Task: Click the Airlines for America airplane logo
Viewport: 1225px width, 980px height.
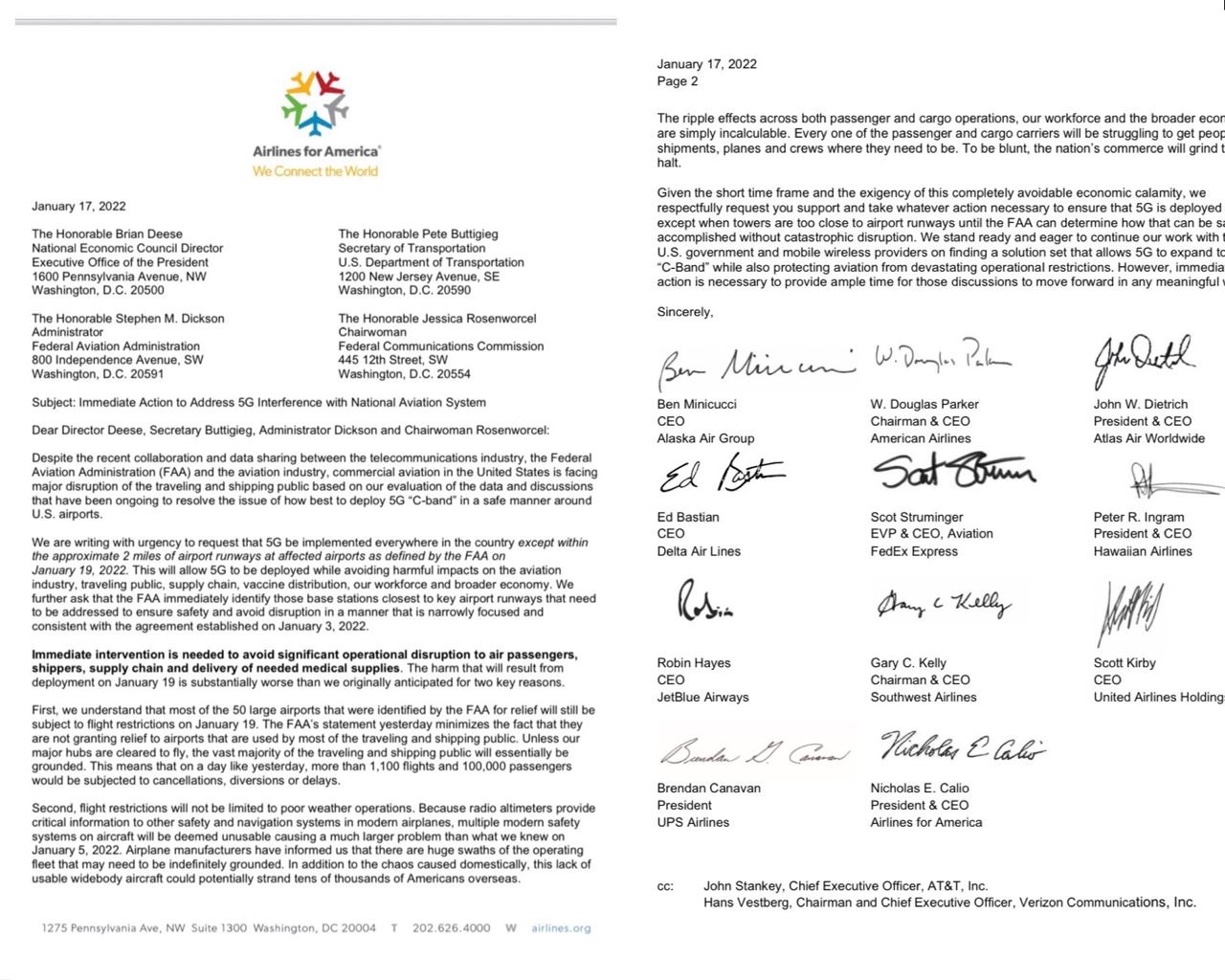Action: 314,102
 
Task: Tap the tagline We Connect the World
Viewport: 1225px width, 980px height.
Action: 315,171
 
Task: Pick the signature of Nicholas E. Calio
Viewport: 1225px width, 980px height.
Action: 962,747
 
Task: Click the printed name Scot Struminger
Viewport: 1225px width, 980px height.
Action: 917,517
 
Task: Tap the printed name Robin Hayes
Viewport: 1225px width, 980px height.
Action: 694,662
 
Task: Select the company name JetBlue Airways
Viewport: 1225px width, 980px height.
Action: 702,697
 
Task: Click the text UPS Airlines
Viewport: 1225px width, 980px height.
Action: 693,822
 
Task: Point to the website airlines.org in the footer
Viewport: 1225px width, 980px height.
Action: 561,928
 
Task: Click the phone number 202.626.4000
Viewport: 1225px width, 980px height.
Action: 451,928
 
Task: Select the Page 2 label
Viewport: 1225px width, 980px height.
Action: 678,81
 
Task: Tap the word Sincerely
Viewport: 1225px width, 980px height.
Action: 685,312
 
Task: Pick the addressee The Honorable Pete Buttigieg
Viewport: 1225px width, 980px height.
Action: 418,234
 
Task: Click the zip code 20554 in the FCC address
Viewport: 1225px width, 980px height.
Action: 453,374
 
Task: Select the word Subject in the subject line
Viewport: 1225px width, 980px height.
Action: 53,403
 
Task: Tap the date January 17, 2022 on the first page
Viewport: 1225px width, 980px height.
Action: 78,206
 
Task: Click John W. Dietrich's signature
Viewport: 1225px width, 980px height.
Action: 1143,360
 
